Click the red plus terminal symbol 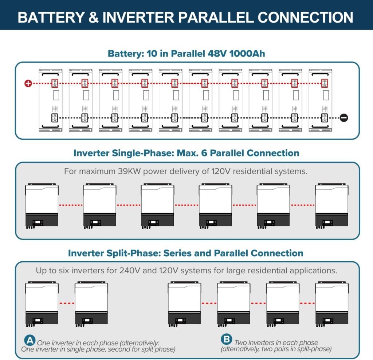(x=28, y=84)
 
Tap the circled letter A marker (x=30, y=340)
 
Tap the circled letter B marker (x=226, y=340)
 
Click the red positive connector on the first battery (x=54, y=84)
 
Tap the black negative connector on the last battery (x=323, y=118)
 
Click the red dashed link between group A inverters (x=67, y=303)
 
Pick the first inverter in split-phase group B (x=184, y=303)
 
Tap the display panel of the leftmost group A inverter (x=38, y=321)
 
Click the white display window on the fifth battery (x=174, y=96)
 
